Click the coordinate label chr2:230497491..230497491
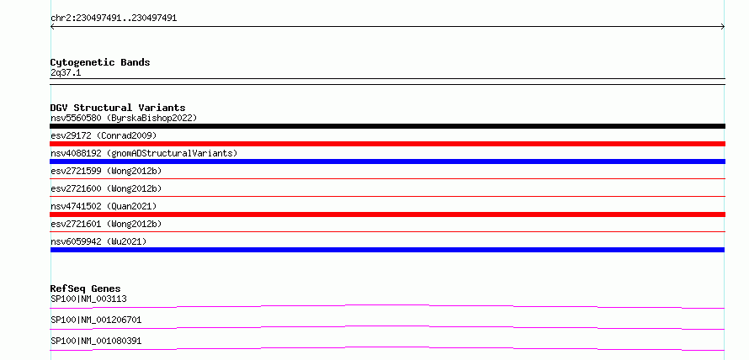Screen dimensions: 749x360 tap(114, 19)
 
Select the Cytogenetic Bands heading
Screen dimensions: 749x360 tap(100, 62)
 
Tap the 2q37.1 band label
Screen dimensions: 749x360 tap(66, 73)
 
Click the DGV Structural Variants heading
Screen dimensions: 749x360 tap(118, 108)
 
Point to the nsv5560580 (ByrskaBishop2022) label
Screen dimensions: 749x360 tap(124, 118)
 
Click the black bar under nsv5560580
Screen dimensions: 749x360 tap(387, 126)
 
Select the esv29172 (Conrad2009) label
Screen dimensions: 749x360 tap(104, 135)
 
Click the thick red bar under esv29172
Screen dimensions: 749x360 tap(387, 144)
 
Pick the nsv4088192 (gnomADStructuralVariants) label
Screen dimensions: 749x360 tap(144, 153)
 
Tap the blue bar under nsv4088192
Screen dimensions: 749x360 tap(387, 161)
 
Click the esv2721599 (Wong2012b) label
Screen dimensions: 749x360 tap(106, 171)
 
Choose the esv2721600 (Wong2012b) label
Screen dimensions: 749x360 tap(106, 188)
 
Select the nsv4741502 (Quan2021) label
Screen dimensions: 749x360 tap(104, 206)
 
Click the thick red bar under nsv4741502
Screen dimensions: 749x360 tap(387, 214)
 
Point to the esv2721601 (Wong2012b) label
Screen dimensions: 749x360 tap(106, 224)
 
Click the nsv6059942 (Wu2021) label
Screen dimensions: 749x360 tap(98, 241)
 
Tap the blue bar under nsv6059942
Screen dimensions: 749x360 tap(387, 250)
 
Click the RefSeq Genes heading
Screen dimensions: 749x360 tap(86, 289)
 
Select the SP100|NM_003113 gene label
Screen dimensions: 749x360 tap(88, 299)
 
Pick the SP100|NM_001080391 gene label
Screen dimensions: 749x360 tap(96, 341)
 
